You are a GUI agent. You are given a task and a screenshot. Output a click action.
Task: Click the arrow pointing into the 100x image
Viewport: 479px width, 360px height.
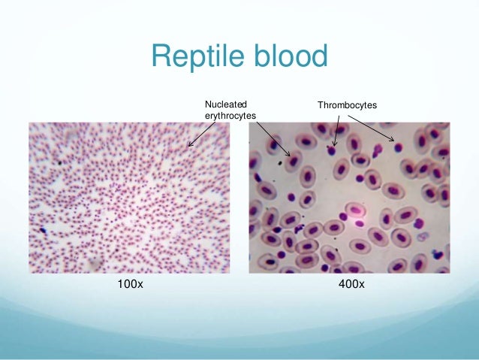click(x=202, y=133)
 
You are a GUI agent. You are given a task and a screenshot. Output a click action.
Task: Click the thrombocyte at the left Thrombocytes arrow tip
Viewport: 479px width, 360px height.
click(x=331, y=150)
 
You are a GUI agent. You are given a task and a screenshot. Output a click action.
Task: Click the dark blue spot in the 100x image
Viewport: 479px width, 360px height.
click(x=44, y=230)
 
